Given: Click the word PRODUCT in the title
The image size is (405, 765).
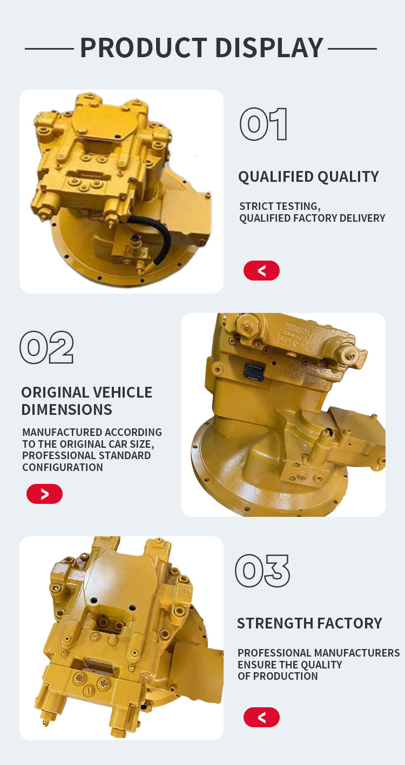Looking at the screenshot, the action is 144,47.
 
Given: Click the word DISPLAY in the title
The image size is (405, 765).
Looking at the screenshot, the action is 269,47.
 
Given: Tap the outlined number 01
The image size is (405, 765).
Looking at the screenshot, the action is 263,124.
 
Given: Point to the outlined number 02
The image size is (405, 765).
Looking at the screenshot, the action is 46,347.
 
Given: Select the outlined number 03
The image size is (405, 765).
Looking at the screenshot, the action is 262,571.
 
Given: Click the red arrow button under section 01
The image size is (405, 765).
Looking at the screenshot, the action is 261,271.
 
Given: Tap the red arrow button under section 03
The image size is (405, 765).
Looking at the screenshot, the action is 261,717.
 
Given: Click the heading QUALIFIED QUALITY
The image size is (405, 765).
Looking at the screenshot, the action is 308,177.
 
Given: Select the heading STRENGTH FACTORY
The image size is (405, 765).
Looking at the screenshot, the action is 309,623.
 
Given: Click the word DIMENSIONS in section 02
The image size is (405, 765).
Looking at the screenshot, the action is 66,409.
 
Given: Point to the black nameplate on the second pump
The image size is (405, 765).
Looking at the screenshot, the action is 254,373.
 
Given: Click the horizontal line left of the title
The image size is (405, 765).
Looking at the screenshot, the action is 49,49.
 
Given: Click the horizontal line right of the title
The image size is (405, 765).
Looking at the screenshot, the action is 353,49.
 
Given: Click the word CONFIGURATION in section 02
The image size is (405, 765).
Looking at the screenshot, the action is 63,467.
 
